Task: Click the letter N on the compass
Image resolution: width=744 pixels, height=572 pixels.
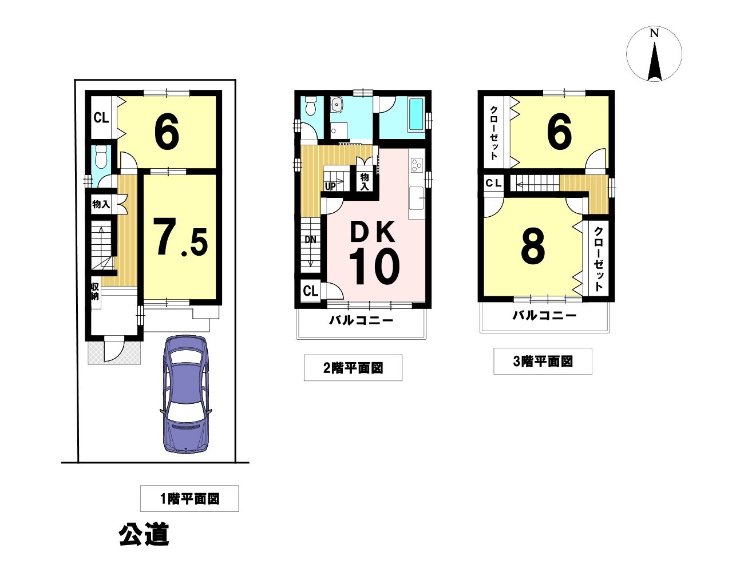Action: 654,33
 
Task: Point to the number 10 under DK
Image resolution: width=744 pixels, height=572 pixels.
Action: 374,267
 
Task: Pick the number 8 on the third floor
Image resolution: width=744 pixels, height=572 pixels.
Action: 533,247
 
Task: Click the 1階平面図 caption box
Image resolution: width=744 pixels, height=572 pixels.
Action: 189,498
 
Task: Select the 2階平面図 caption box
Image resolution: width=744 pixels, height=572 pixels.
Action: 353,368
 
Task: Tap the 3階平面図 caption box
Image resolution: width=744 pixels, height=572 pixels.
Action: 543,362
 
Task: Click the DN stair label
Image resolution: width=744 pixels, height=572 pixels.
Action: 310,240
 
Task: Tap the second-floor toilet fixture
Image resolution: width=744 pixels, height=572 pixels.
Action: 311,105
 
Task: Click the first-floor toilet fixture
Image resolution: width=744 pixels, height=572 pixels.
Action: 101,157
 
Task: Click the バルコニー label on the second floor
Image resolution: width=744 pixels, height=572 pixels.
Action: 361,320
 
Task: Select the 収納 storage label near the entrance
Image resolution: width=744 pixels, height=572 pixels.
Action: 94,291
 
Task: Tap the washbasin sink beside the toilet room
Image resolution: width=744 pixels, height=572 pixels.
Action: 337,104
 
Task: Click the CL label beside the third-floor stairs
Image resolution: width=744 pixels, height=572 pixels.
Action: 493,183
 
